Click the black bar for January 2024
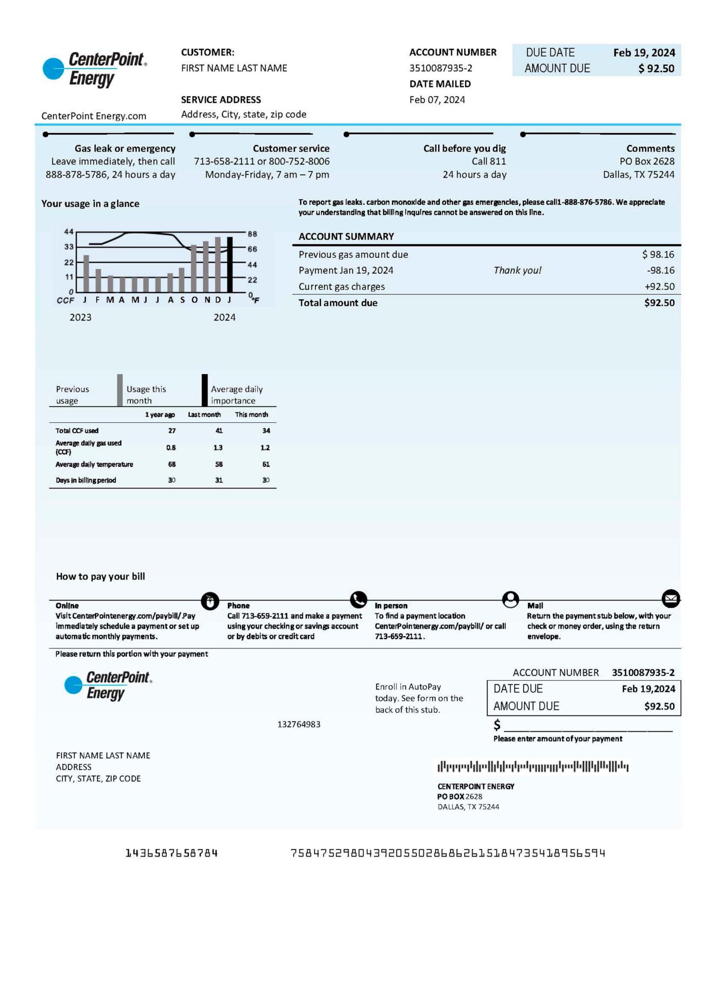[229, 264]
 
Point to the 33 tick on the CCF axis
[69, 247]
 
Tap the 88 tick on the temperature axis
[252, 234]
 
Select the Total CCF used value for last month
[219, 431]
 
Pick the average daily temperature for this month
[266, 464]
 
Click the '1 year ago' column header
[160, 415]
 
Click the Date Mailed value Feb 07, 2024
[437, 100]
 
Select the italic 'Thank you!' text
[517, 271]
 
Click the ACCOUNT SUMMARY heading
[346, 237]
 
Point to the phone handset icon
[358, 599]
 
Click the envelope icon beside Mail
[670, 598]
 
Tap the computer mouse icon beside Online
[210, 601]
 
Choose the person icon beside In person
[510, 599]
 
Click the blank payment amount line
[588, 726]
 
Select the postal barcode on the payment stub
[533, 767]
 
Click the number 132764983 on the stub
[299, 724]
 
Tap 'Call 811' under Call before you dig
[489, 162]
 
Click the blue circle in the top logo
[53, 69]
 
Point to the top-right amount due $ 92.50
[656, 69]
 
